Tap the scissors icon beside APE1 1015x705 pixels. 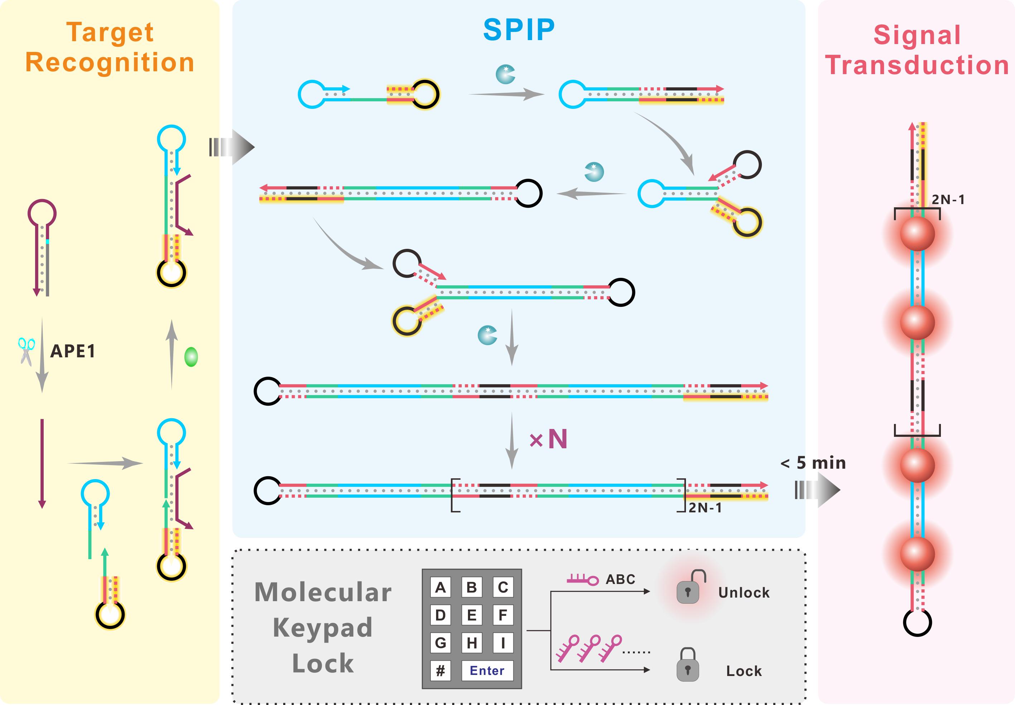26,351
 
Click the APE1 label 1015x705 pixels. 73,352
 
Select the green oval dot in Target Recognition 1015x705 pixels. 191,357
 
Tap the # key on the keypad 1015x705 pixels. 440,671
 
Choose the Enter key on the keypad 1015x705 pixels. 487,671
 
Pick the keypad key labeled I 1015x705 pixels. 503,643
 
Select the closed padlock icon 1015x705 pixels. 688,665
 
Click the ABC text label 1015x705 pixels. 620,579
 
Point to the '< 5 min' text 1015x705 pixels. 813,463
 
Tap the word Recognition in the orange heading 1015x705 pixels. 110,62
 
